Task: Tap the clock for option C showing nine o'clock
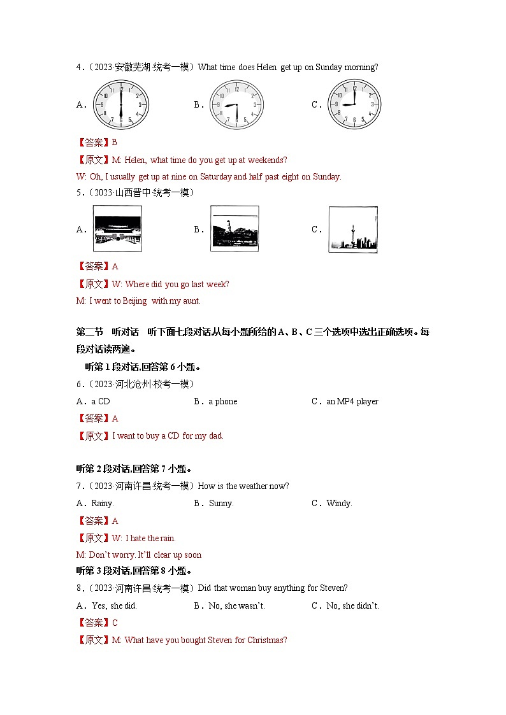click(x=354, y=105)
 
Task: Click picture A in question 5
click(x=118, y=229)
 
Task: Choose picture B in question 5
click(x=235, y=229)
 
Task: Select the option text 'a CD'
click(x=101, y=402)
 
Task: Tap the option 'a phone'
click(x=222, y=402)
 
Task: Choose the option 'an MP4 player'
click(x=352, y=402)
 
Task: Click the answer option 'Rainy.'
click(x=103, y=504)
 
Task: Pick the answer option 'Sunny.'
click(x=221, y=504)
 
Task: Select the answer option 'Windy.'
click(x=339, y=504)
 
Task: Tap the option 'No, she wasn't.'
click(x=236, y=605)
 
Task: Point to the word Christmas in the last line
click(x=266, y=640)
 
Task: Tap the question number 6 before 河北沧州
click(x=79, y=384)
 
